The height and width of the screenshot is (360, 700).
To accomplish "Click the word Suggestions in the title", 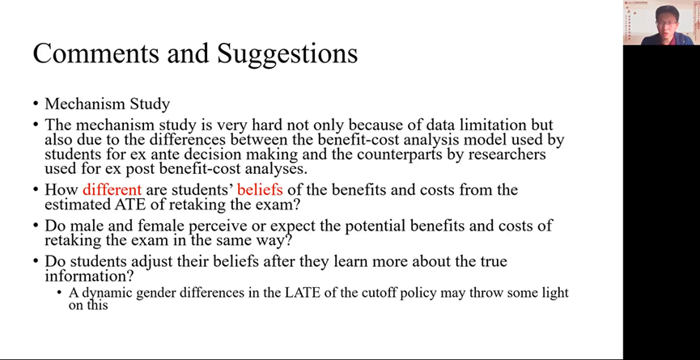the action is tap(287, 55).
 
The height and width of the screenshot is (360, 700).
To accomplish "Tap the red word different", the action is tap(112, 189).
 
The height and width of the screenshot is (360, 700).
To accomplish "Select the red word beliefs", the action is tap(260, 189).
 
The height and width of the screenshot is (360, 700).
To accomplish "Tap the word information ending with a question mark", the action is tap(89, 275).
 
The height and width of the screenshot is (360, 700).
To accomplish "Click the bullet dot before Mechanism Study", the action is tap(36, 104).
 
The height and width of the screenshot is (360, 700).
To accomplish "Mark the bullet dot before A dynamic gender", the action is tap(59, 293).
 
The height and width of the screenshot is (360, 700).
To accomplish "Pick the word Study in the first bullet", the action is tap(150, 104).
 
